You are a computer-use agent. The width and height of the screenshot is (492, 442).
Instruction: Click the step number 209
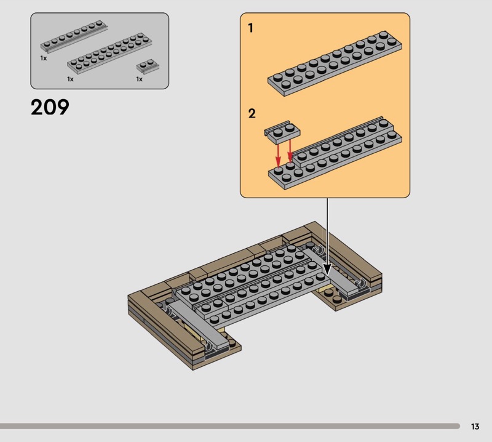pyautogui.click(x=50, y=108)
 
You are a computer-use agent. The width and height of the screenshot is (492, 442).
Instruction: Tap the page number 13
pyautogui.click(x=475, y=426)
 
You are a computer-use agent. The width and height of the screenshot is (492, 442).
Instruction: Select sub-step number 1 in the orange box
pyautogui.click(x=250, y=28)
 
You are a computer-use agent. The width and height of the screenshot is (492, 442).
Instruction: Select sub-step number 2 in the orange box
pyautogui.click(x=252, y=113)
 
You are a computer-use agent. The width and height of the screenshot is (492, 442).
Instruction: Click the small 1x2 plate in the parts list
pyautogui.click(x=148, y=66)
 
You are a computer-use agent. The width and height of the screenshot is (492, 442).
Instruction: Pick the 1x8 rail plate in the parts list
pyautogui.click(x=74, y=36)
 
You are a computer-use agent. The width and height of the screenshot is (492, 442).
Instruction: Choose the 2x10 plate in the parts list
pyautogui.click(x=109, y=53)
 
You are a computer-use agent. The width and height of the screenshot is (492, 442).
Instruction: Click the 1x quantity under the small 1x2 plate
pyautogui.click(x=140, y=79)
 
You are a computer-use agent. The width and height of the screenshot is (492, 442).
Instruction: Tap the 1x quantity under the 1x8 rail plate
pyautogui.click(x=43, y=58)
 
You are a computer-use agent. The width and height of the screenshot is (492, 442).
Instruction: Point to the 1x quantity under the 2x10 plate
pyautogui.click(x=70, y=79)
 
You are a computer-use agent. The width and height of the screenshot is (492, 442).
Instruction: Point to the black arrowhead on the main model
pyautogui.click(x=327, y=270)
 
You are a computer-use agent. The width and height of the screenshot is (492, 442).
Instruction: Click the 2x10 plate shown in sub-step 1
pyautogui.click(x=335, y=63)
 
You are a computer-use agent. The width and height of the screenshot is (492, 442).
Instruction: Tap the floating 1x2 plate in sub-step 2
pyautogui.click(x=282, y=132)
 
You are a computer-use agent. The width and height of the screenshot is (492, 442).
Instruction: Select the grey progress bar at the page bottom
pyautogui.click(x=229, y=426)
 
